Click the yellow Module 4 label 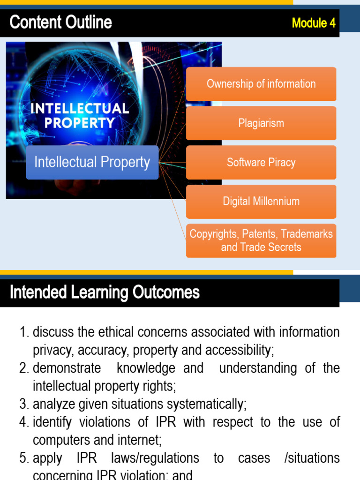[314, 23]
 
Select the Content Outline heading [61, 22]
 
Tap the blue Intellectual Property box [92, 162]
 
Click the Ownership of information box [261, 84]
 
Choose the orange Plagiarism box [261, 123]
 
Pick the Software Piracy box [261, 162]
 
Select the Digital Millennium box [261, 202]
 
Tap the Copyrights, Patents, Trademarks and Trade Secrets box [261, 240]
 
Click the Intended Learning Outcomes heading [105, 292]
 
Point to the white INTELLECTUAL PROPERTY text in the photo [79, 115]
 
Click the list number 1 [24, 332]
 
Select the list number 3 [24, 404]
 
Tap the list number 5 [24, 458]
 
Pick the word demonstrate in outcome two [67, 368]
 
